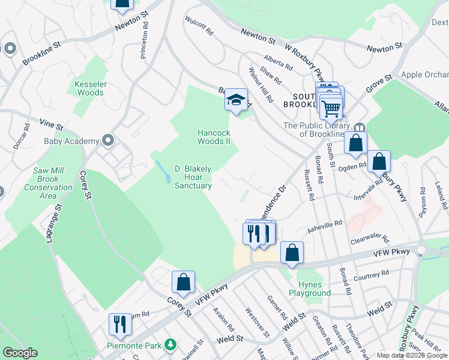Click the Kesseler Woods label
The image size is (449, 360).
(89, 88)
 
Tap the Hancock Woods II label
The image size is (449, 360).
(215, 137)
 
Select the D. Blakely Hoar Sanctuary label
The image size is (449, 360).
(193, 178)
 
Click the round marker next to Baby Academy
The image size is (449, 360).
(108, 141)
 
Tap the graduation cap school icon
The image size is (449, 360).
(237, 99)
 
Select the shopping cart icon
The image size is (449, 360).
(331, 108)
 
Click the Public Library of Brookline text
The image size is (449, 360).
(316, 130)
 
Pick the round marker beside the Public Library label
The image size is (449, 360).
(360, 128)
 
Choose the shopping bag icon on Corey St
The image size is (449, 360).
(183, 282)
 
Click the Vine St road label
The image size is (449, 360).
(52, 125)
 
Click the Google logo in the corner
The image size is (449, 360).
(20, 353)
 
